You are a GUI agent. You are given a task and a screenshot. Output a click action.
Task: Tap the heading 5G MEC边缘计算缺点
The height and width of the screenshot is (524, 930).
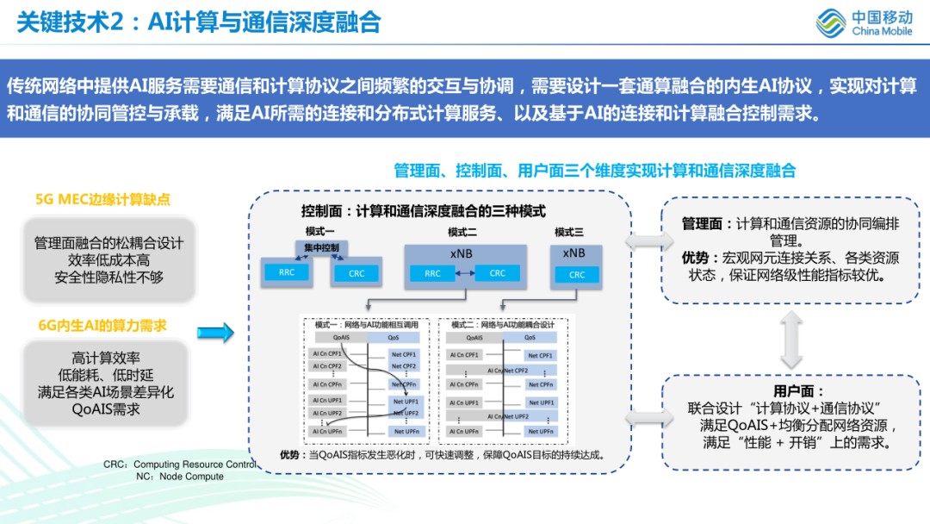point(102,199)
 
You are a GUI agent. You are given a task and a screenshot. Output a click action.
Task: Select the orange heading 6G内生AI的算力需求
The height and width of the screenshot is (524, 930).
point(102,325)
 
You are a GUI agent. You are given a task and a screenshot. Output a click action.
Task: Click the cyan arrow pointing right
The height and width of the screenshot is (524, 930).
point(215,332)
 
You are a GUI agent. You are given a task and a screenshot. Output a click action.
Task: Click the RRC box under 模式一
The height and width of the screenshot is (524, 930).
point(286,273)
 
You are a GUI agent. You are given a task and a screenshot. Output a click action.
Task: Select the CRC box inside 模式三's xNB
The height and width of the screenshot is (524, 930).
point(577,275)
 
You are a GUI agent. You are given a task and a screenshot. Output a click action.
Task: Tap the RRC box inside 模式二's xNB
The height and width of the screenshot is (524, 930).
point(432,273)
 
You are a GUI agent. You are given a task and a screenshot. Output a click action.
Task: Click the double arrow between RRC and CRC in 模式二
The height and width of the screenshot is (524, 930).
point(465,273)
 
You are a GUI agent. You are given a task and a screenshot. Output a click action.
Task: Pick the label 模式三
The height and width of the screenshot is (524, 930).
point(569,232)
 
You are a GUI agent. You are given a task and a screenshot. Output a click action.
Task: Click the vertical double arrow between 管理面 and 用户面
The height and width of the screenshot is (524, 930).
point(788,339)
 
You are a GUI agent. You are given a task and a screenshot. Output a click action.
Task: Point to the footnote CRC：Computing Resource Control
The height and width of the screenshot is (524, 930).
point(180,464)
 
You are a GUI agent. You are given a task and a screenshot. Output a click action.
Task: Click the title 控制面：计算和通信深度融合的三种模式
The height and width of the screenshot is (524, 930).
point(423,210)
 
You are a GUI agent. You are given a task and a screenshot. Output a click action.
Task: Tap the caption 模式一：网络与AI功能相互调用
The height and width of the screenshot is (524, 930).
point(366,325)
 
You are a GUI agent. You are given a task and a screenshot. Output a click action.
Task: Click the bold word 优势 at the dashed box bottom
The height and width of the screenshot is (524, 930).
point(288,455)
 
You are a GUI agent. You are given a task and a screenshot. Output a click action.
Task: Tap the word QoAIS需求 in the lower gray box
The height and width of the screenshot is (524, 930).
point(106,409)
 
